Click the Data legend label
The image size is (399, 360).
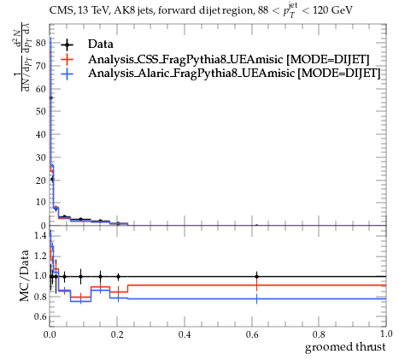click(x=101, y=44)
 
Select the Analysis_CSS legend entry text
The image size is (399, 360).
click(x=229, y=59)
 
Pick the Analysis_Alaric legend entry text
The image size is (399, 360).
click(x=234, y=74)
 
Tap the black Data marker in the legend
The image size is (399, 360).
click(x=67, y=44)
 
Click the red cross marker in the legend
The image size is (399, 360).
click(x=67, y=59)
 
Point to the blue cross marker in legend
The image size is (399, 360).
click(x=67, y=74)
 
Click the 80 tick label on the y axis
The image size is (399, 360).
click(x=41, y=43)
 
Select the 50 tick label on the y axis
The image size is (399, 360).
click(x=41, y=111)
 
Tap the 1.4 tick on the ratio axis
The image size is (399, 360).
click(x=39, y=235)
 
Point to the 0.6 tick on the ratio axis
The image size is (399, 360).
click(x=39, y=316)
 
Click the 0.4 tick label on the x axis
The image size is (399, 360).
click(x=185, y=334)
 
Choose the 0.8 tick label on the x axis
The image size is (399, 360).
click(x=319, y=334)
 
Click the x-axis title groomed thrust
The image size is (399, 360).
click(x=345, y=347)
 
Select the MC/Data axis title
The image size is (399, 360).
click(x=25, y=276)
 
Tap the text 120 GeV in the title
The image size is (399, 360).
click(x=332, y=10)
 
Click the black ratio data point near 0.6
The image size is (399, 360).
click(x=256, y=276)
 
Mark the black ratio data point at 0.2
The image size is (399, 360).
click(x=118, y=276)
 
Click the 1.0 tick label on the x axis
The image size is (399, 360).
click(x=386, y=334)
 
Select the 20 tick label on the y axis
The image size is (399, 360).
click(x=41, y=180)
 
